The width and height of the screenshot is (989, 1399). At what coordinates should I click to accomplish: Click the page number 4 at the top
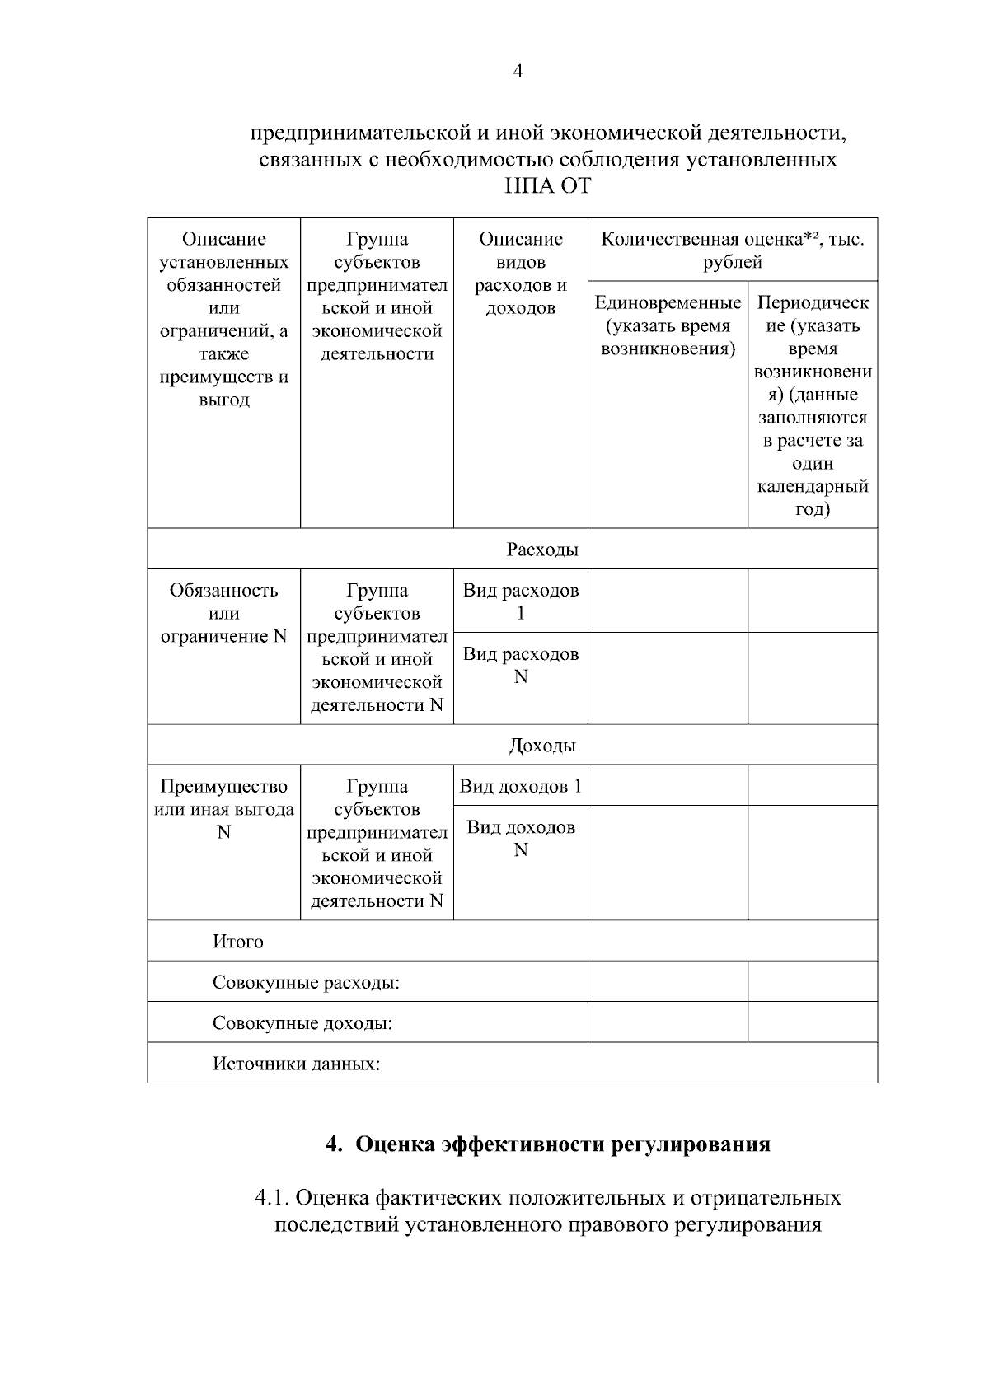point(518,72)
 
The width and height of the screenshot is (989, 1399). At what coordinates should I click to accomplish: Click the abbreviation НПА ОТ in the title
point(547,186)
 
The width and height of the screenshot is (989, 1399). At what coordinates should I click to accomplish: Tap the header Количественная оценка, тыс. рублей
point(732,250)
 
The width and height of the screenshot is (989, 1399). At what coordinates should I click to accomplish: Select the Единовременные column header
point(668,326)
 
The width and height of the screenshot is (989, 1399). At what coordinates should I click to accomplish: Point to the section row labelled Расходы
point(541,550)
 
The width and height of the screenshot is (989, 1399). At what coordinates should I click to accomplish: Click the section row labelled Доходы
point(541,746)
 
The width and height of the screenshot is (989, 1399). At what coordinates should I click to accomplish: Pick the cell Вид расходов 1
point(520,601)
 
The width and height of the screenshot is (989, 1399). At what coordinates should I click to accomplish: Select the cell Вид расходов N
point(520,666)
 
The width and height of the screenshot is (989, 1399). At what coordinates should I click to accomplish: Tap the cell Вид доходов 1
point(520,786)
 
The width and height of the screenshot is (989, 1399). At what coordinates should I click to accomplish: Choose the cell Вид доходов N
point(520,839)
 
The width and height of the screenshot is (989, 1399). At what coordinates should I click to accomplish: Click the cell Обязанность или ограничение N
point(223,614)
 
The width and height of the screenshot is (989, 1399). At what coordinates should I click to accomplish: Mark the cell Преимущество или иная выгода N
point(223,809)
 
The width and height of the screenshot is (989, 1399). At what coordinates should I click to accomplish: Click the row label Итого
point(237,942)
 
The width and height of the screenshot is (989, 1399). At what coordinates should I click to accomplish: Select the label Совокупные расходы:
point(306,982)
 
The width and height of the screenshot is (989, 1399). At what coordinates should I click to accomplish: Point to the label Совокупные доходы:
point(302,1023)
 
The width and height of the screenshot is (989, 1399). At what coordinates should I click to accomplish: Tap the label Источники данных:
point(296,1064)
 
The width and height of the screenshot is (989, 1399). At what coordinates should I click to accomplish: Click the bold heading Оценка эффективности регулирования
point(562,1144)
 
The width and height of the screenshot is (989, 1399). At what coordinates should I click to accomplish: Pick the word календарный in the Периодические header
point(812,486)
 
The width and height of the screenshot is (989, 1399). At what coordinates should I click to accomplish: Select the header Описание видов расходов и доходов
point(520,274)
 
